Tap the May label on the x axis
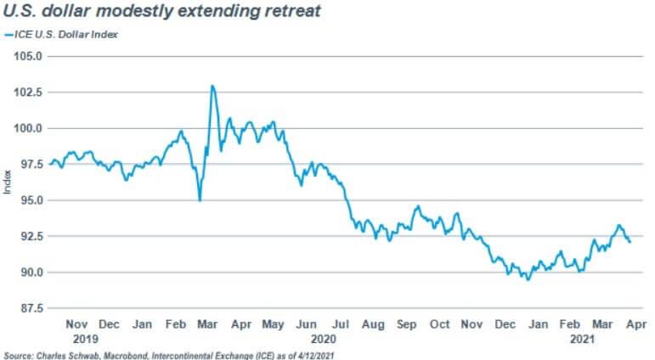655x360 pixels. [x=274, y=324]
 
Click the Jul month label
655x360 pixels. [x=340, y=324]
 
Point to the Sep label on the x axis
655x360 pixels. [x=406, y=324]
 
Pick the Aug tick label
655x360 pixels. [x=373, y=324]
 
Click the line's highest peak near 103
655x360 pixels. [x=212, y=86]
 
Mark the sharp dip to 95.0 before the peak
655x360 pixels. [x=200, y=200]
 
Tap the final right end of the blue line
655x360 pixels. [x=630, y=243]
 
